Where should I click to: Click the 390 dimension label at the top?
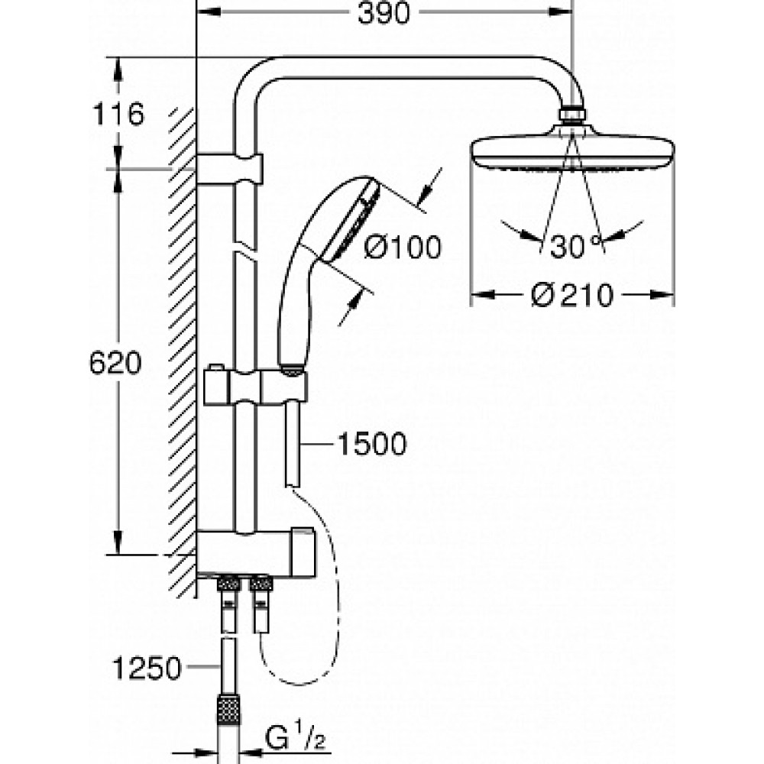pos(384,13)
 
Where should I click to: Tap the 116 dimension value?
pos(118,115)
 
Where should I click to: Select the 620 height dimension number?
pos(115,363)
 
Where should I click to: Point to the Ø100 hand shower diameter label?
pos(403,247)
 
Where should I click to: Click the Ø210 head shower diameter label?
pos(571,295)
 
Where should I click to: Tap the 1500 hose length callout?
pos(372,444)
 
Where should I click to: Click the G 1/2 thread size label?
pos(296,739)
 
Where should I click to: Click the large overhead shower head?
pos(572,154)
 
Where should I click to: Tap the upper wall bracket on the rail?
pos(229,169)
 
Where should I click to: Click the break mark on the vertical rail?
pos(244,248)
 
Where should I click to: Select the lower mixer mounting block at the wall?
pos(256,552)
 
